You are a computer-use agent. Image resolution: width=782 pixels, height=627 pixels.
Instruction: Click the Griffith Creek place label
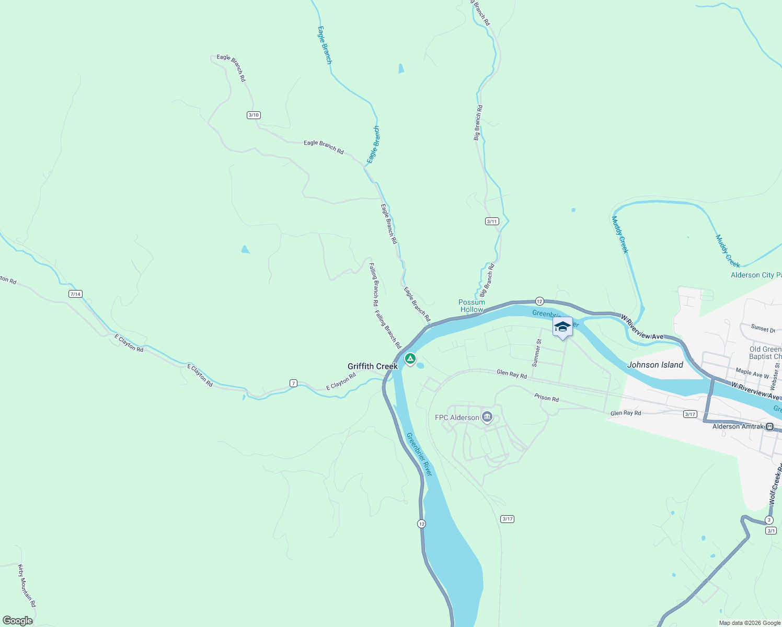pyautogui.click(x=373, y=366)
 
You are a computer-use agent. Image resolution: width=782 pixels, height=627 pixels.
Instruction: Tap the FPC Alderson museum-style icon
pyautogui.click(x=487, y=417)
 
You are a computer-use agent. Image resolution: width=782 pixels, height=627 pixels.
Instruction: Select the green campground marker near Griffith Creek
pyautogui.click(x=410, y=358)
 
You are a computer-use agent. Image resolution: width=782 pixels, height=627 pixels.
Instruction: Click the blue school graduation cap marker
pyautogui.click(x=562, y=327)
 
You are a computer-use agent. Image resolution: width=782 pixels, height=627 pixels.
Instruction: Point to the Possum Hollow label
pyautogui.click(x=471, y=306)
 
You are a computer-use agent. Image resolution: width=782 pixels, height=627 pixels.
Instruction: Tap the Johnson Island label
pyautogui.click(x=655, y=365)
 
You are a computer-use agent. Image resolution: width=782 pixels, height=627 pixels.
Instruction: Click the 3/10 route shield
pyautogui.click(x=254, y=115)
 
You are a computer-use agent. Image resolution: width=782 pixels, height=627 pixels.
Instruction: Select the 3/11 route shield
pyautogui.click(x=492, y=221)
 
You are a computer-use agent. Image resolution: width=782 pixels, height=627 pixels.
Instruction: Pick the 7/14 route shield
pyautogui.click(x=75, y=294)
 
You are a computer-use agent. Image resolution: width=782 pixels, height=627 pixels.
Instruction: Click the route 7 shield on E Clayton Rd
pyautogui.click(x=294, y=384)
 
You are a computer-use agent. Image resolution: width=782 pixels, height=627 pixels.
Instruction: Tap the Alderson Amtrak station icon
pyautogui.click(x=769, y=427)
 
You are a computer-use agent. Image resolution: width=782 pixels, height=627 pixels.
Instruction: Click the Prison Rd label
pyautogui.click(x=546, y=398)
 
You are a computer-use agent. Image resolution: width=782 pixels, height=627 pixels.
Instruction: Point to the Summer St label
pyautogui.click(x=536, y=353)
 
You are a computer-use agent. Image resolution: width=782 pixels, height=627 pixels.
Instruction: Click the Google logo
pyautogui.click(x=17, y=621)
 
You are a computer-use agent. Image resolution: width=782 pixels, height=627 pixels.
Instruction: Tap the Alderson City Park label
pyautogui.click(x=756, y=275)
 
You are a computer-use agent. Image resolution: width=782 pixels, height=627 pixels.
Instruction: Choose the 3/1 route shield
pyautogui.click(x=771, y=531)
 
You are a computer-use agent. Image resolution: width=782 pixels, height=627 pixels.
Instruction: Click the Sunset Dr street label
pyautogui.click(x=763, y=329)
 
